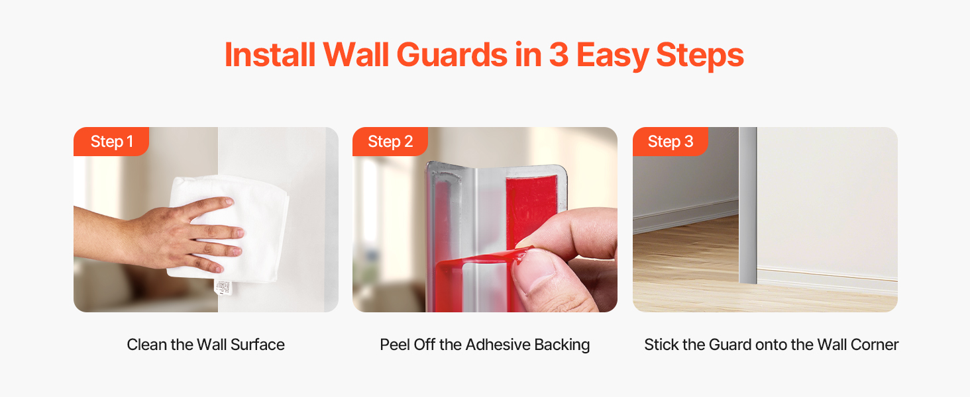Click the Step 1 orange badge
(x=111, y=142)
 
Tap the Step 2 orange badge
(x=390, y=142)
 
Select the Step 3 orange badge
(x=671, y=142)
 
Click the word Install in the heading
(x=270, y=55)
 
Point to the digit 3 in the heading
(x=559, y=55)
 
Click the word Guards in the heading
(x=452, y=55)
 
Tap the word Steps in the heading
(x=700, y=56)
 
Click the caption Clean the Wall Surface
(x=205, y=345)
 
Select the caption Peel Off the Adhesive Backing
(x=484, y=345)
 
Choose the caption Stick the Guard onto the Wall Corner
(x=771, y=345)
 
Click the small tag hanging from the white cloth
(x=223, y=288)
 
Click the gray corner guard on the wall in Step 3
(x=748, y=205)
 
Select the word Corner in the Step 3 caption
(x=875, y=345)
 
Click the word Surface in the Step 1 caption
(x=257, y=345)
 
